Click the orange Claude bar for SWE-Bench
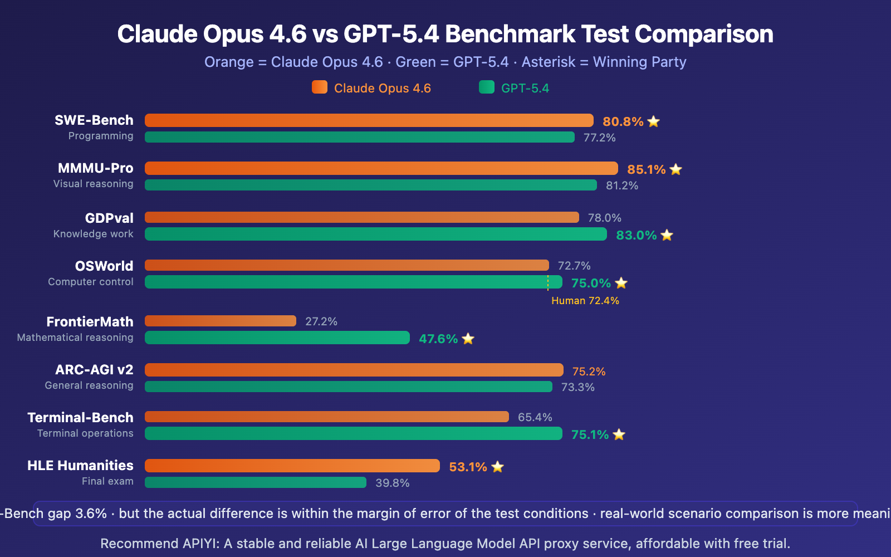pyautogui.click(x=369, y=120)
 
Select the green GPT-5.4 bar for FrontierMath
pyautogui.click(x=277, y=338)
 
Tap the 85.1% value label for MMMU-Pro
pyautogui.click(x=646, y=169)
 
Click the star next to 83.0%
pyautogui.click(x=667, y=235)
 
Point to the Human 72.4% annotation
pyautogui.click(x=585, y=301)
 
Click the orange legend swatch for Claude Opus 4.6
pyautogui.click(x=320, y=87)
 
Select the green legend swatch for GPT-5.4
pyautogui.click(x=487, y=87)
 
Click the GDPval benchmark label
pyautogui.click(x=109, y=218)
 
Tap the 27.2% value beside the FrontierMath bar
pyautogui.click(x=321, y=321)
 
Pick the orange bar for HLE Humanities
pyautogui.click(x=292, y=466)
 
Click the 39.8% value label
pyautogui.click(x=393, y=483)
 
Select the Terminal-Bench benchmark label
pyautogui.click(x=80, y=417)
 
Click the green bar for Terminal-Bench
pyautogui.click(x=353, y=433)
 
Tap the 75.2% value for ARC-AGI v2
pyautogui.click(x=589, y=372)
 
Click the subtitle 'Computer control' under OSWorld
pyautogui.click(x=91, y=282)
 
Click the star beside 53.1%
pyautogui.click(x=498, y=467)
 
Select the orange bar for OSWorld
pyautogui.click(x=346, y=265)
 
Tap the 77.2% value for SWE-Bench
pyautogui.click(x=599, y=138)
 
